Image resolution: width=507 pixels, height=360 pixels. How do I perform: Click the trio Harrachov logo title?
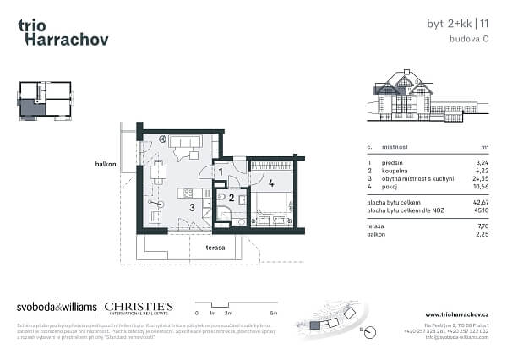(x=62, y=32)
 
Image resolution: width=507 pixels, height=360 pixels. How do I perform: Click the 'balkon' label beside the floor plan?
(x=105, y=164)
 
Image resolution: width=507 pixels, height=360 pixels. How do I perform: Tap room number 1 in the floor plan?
(x=220, y=172)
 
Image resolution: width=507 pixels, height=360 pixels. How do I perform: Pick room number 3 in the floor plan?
(x=192, y=207)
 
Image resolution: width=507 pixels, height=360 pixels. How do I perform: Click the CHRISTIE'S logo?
(x=139, y=308)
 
